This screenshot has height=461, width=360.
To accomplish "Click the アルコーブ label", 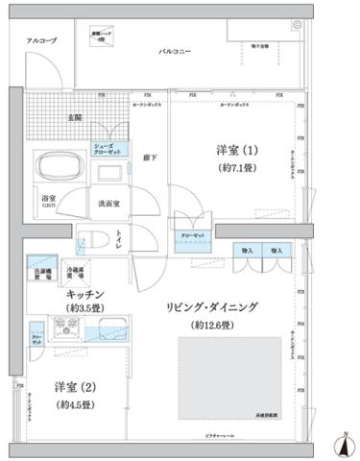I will pos(40,41).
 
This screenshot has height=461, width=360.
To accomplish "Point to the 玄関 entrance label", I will pos(74,117).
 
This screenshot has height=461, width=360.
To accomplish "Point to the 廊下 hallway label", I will pos(151,157).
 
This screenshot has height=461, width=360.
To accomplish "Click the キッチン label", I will pos(84,292).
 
